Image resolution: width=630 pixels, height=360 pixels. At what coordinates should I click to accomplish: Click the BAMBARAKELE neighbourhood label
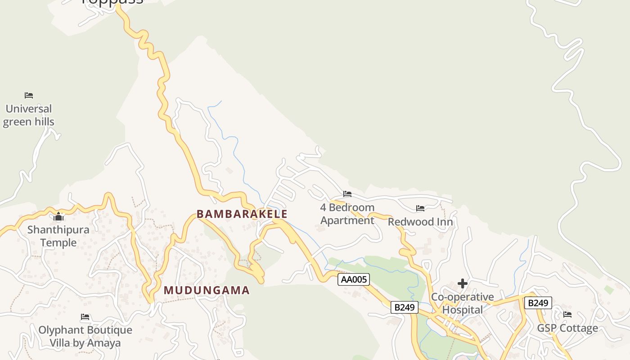(242, 214)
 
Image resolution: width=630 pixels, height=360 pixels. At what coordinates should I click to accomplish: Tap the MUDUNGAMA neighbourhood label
(207, 290)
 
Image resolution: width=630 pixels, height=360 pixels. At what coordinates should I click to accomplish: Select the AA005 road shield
(354, 279)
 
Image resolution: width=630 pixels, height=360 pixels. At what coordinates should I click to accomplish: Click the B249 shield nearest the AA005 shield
(404, 307)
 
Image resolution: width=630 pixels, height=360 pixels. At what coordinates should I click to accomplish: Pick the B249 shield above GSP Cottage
(538, 303)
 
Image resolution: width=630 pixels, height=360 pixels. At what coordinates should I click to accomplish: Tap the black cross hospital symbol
(462, 283)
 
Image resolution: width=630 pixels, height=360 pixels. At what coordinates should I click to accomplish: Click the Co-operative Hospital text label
(463, 303)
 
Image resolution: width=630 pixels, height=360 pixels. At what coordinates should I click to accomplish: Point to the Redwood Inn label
(420, 222)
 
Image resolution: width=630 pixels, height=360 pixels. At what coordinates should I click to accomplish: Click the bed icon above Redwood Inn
(420, 208)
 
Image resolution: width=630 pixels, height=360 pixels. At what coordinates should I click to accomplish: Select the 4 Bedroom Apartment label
(347, 214)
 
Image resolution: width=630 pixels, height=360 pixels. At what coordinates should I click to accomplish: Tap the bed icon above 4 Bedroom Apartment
(347, 194)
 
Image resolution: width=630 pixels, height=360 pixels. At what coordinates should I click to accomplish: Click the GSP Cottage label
(567, 328)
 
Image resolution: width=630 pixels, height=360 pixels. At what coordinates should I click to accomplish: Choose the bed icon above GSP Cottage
(567, 314)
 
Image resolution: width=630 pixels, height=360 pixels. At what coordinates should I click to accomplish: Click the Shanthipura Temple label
(58, 236)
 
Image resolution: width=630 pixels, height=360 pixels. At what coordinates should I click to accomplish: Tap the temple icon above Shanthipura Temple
(58, 217)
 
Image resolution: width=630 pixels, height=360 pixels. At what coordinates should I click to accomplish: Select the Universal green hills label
(29, 115)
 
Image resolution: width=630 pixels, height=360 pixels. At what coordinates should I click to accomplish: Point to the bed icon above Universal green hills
(29, 95)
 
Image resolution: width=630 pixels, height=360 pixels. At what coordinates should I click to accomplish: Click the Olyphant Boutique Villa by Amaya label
(85, 336)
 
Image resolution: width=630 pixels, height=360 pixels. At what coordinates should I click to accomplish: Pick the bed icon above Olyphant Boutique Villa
(85, 317)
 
